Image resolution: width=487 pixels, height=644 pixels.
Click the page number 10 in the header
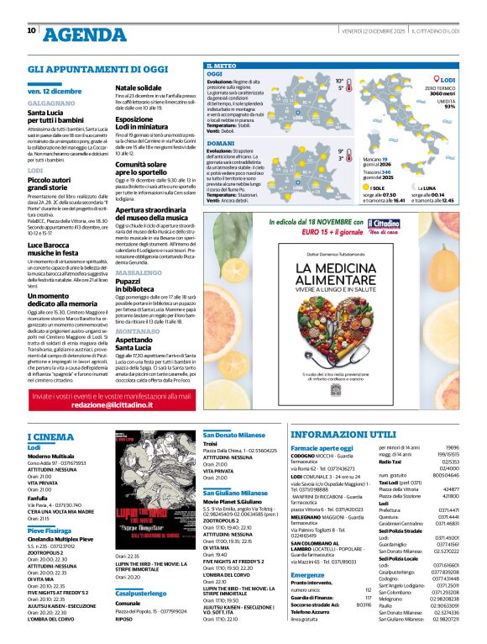31,30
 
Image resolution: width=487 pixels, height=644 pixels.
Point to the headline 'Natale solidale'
139,87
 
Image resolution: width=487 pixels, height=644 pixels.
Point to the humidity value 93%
450,107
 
